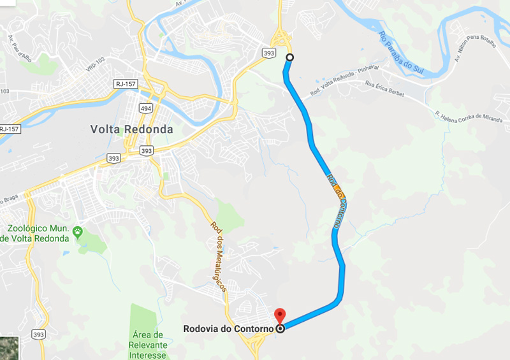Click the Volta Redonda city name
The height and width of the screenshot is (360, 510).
(x=131, y=129)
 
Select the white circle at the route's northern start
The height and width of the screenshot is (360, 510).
(x=290, y=57)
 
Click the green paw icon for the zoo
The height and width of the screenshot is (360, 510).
(x=78, y=232)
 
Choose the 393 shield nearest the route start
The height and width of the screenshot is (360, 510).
(x=269, y=54)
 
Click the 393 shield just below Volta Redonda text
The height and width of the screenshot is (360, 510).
(x=146, y=151)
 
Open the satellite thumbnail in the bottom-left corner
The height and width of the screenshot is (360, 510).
(x=10, y=348)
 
